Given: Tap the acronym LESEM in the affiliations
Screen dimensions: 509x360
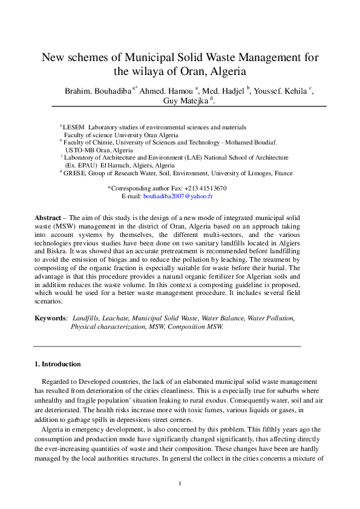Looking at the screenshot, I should pos(73,128).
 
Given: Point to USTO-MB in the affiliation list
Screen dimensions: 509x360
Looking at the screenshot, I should pos(80,150).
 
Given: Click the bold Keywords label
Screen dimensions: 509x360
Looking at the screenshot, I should pos(50,317).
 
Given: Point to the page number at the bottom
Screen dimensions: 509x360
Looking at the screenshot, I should pos(180,484).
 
